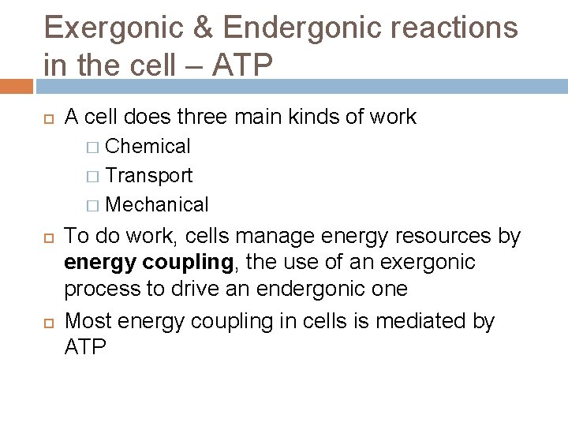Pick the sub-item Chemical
(x=148, y=146)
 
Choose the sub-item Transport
(x=148, y=175)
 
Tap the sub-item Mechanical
(x=156, y=205)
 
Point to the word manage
(x=260, y=236)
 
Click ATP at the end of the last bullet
(x=84, y=347)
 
